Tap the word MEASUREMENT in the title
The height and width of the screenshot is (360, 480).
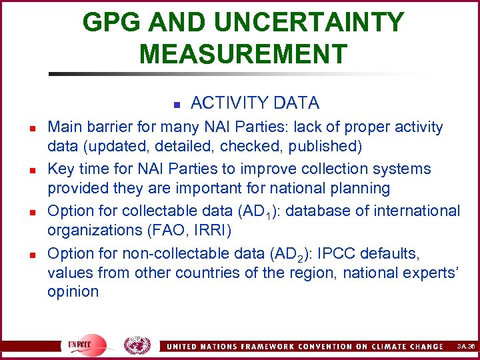(x=243, y=53)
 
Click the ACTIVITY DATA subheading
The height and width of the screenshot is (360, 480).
(x=255, y=103)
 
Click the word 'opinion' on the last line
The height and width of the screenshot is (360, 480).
(x=73, y=291)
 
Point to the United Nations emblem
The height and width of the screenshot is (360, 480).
(x=137, y=345)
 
